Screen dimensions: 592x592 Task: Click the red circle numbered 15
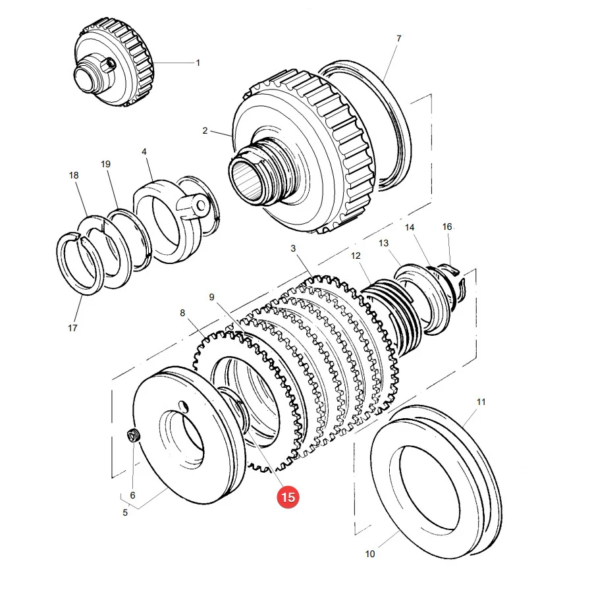(288, 497)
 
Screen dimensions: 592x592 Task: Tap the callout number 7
(398, 38)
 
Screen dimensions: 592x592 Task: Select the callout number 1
(198, 63)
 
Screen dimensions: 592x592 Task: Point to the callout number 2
(205, 130)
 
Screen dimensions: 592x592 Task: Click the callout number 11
(481, 402)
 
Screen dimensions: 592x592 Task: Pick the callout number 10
(370, 554)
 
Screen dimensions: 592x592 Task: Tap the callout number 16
(447, 227)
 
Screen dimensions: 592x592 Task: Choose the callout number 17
(72, 328)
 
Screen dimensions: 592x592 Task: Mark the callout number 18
(74, 175)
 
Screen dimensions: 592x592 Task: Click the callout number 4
(144, 151)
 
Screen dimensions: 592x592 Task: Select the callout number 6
(132, 495)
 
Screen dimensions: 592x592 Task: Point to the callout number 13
(384, 243)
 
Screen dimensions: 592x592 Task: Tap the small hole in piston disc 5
(184, 406)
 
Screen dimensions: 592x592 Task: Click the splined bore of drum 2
(246, 177)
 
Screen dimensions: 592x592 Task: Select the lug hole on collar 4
(202, 205)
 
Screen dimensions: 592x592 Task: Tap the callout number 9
(211, 298)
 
